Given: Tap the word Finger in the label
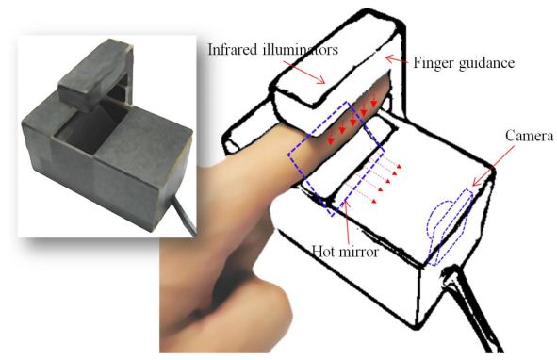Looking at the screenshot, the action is tap(433, 63).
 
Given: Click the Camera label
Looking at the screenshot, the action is tap(529, 136).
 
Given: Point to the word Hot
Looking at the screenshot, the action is tap(323, 252).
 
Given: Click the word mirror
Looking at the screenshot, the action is tap(359, 252).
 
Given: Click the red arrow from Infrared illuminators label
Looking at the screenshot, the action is tap(304, 72).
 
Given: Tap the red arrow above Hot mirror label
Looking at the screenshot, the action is tap(348, 221).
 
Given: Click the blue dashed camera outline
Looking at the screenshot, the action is tap(450, 227).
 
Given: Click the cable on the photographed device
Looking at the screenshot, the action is tap(185, 216).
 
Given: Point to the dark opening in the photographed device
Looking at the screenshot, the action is tap(91, 127).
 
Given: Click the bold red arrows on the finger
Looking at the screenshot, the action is tap(352, 121).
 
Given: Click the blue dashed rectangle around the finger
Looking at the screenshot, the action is tap(336, 159).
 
